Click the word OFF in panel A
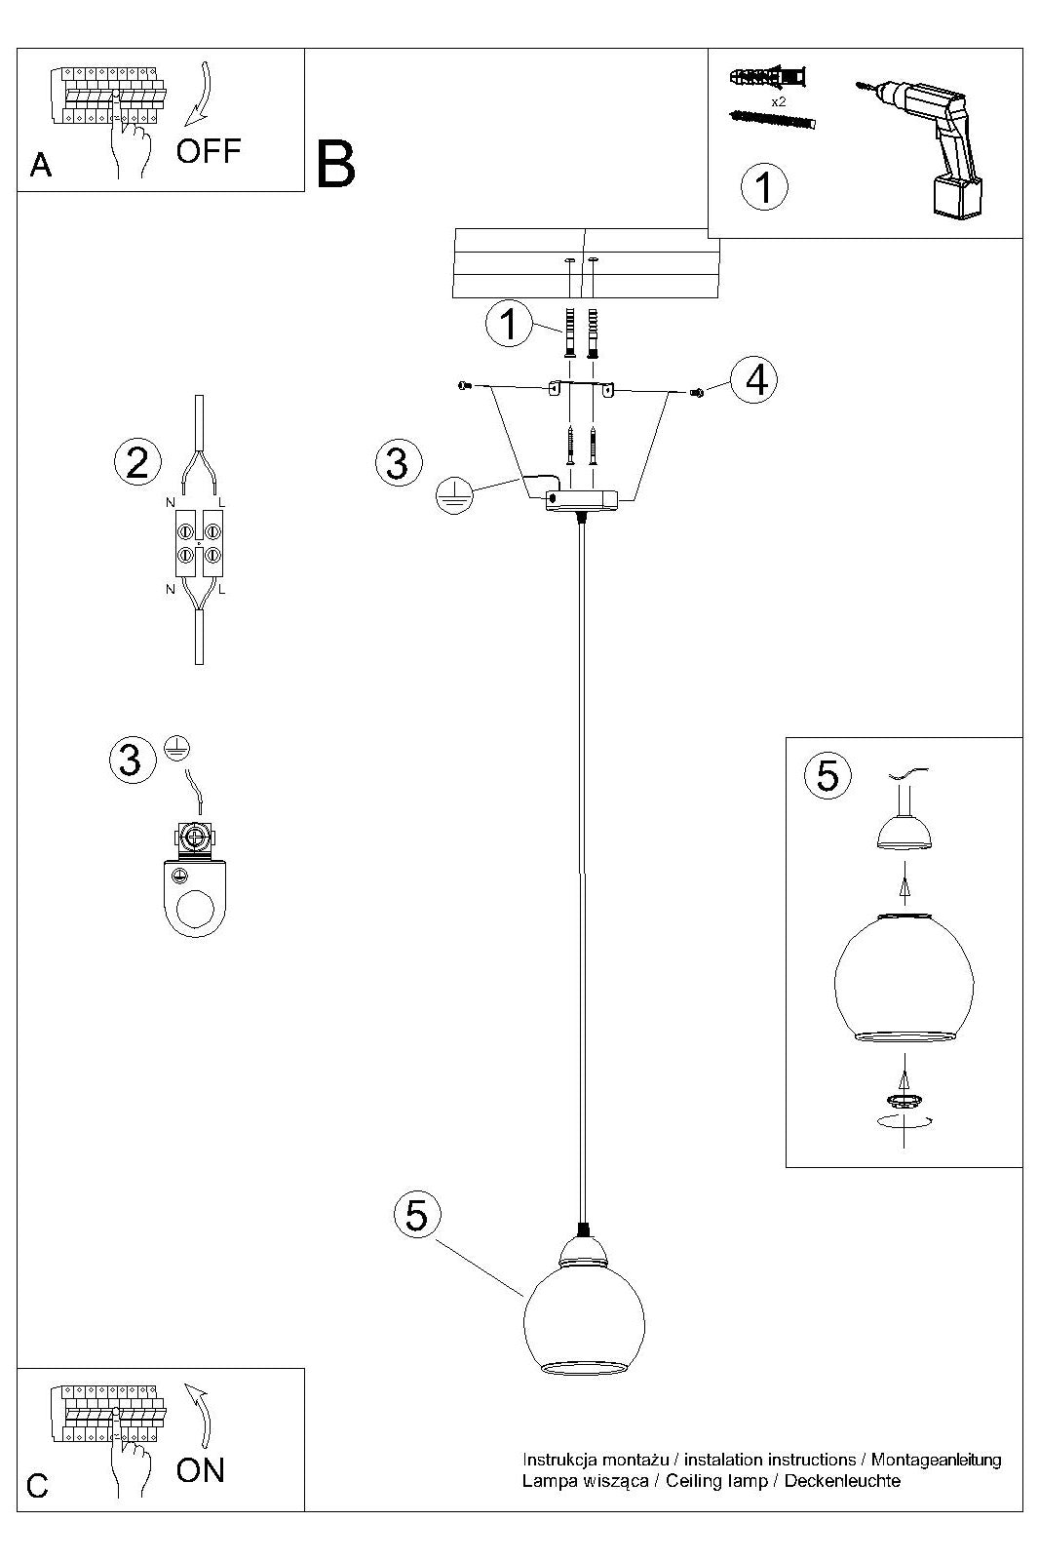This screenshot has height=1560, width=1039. [208, 151]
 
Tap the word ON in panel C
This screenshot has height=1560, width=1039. [200, 1469]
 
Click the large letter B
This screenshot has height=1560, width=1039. [336, 165]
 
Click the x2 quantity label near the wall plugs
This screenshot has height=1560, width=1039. [778, 101]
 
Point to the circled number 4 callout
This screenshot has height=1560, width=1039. [756, 380]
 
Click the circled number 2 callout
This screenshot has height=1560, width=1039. [137, 461]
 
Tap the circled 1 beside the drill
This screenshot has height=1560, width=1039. [764, 186]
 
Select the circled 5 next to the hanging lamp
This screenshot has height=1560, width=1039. [417, 1215]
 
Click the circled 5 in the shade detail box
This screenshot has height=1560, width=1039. [827, 775]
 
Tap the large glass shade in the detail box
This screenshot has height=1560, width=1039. [904, 978]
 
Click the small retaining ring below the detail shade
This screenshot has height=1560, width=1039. [905, 1101]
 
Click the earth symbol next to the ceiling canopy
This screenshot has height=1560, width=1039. [453, 494]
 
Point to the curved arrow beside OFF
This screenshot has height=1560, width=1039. [202, 94]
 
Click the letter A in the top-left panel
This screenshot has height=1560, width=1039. [41, 166]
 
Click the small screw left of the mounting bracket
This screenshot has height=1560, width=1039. [463, 386]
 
